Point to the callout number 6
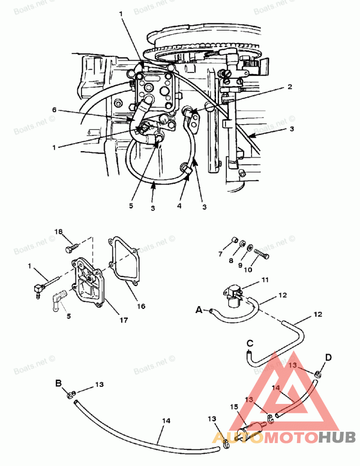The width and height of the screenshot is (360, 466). click(x=54, y=109)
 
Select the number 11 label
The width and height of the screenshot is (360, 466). click(x=265, y=279)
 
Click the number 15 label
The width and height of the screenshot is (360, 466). click(x=234, y=406)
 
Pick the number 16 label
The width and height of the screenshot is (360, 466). click(x=141, y=306)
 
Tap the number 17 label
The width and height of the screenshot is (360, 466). click(x=123, y=320)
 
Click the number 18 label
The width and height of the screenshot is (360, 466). click(x=58, y=231)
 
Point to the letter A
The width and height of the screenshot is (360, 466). click(x=199, y=309)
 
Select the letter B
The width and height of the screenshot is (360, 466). click(x=58, y=383)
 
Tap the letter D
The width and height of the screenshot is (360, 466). click(x=328, y=358)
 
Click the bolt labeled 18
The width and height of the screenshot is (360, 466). click(x=72, y=246)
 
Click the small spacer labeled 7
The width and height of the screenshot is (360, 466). click(x=234, y=240)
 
